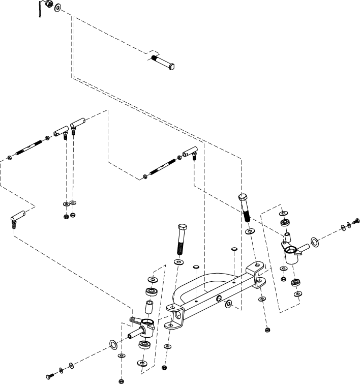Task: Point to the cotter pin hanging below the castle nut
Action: (x=40, y=11)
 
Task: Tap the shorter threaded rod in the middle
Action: (x=163, y=165)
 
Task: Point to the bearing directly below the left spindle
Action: (x=144, y=346)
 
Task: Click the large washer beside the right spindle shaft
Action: (x=315, y=241)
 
